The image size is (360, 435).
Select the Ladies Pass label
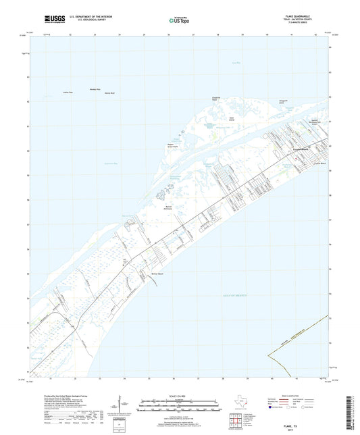click(67, 91)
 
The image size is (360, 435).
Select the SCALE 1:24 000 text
click(178, 396)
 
